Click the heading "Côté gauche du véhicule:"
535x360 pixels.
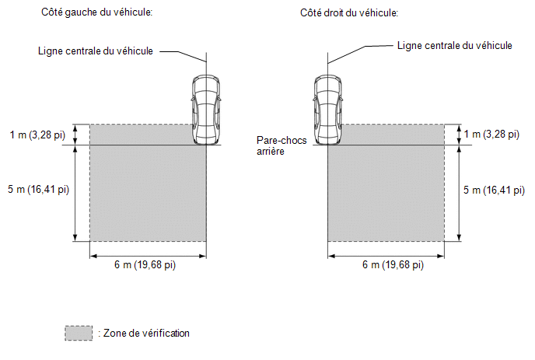97,12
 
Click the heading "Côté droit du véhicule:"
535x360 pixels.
349,13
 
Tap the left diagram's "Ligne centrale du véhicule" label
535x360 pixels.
96,51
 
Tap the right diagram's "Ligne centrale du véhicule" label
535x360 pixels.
454,46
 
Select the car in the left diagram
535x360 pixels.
205,110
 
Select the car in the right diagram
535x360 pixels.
327,110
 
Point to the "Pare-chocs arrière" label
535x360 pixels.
281,145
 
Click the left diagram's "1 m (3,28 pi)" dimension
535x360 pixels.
37,135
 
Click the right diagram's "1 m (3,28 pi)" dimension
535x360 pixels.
491,134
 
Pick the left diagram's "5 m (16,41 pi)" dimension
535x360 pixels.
39,189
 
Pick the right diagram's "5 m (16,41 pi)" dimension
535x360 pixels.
494,190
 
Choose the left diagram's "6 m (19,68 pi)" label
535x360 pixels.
145,265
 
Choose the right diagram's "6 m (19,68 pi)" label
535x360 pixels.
393,265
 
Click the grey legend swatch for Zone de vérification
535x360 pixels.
79,333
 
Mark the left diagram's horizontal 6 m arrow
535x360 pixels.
148,256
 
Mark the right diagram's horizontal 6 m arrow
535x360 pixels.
386,256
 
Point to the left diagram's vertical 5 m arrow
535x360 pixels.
75,194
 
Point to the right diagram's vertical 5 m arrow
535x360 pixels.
459,194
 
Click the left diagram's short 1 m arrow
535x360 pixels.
75,135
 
